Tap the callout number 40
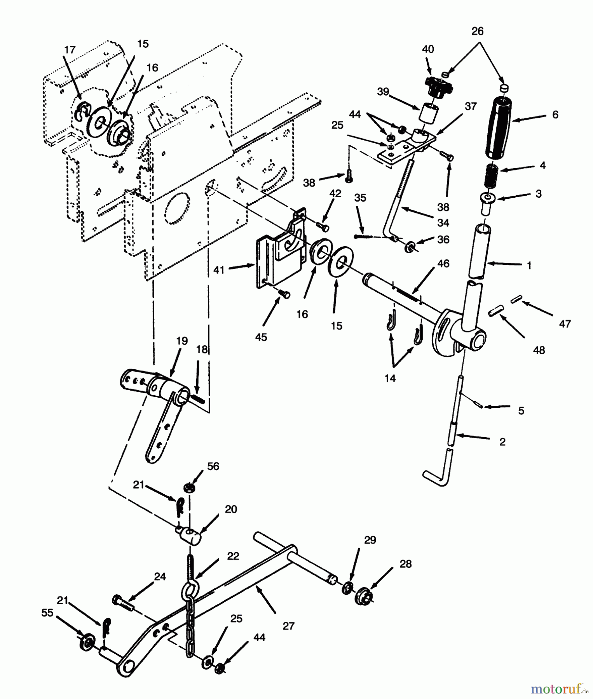(x=428, y=49)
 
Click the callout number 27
(x=289, y=626)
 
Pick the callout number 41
(x=219, y=270)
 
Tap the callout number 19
(x=182, y=341)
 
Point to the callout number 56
(x=213, y=466)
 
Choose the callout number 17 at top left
(x=70, y=50)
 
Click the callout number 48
(x=539, y=350)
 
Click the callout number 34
(x=443, y=223)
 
